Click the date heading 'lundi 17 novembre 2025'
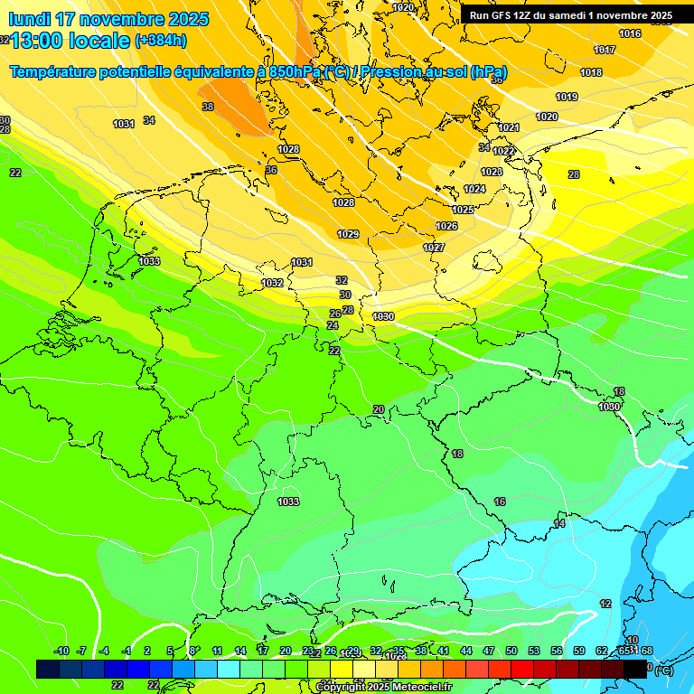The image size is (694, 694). pyautogui.click(x=108, y=19)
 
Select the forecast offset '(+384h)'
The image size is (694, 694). pyautogui.click(x=161, y=40)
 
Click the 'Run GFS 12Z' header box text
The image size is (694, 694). pyautogui.click(x=570, y=15)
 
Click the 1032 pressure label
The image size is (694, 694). pyautogui.click(x=272, y=283)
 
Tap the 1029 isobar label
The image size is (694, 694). pyautogui.click(x=348, y=234)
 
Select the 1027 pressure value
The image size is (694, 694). pyautogui.click(x=434, y=248)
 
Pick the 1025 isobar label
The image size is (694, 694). pyautogui.click(x=463, y=210)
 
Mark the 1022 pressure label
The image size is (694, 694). pyautogui.click(x=504, y=151)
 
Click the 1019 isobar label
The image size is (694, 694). pyautogui.click(x=567, y=97)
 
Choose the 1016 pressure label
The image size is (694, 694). pyautogui.click(x=630, y=33)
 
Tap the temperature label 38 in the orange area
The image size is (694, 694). pyautogui.click(x=208, y=107)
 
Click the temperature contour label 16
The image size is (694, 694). pyautogui.click(x=500, y=502)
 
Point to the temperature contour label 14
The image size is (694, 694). pyautogui.click(x=559, y=524)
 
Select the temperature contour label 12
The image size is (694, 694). pyautogui.click(x=605, y=604)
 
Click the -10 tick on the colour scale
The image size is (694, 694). pyautogui.click(x=61, y=651)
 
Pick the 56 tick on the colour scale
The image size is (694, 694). pyautogui.click(x=557, y=651)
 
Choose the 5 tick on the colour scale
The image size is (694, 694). pyautogui.click(x=170, y=651)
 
